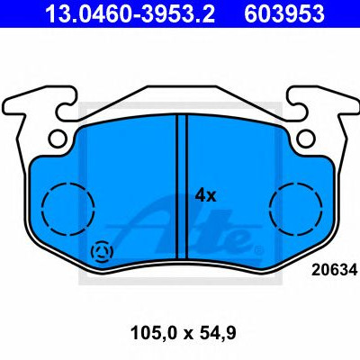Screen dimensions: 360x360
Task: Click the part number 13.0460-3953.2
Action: tap(130, 13)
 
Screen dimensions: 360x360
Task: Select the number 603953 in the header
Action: tap(284, 13)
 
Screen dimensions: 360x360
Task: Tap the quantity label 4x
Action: tap(205, 196)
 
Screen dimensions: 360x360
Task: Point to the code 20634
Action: tap(334, 270)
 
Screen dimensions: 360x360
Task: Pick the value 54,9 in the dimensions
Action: tap(218, 333)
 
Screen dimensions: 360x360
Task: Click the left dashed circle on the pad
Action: tap(68, 209)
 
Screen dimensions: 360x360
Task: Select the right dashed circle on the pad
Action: tap(296, 208)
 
